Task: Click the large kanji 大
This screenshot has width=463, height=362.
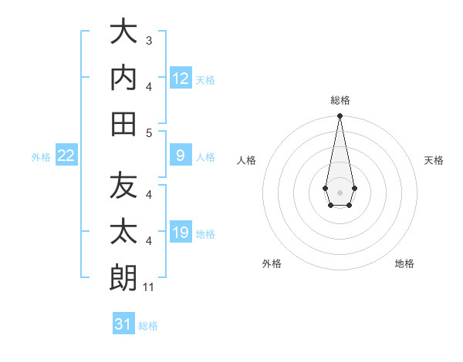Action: click(x=123, y=31)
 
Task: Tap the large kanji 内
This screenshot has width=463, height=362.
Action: click(x=123, y=77)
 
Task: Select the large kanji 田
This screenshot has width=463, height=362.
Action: click(x=123, y=124)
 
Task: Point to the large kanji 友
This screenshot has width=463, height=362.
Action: click(x=123, y=185)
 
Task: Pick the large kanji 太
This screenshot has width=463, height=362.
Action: click(x=123, y=231)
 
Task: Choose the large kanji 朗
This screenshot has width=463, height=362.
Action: click(x=123, y=277)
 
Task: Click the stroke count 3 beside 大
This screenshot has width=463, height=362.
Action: click(x=149, y=40)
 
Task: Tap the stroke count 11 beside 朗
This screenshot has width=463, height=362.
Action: click(x=148, y=287)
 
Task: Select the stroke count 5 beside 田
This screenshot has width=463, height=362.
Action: click(x=149, y=133)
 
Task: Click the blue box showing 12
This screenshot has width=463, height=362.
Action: click(x=181, y=78)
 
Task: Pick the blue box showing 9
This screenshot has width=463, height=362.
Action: click(x=181, y=155)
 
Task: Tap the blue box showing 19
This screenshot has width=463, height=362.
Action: click(x=181, y=231)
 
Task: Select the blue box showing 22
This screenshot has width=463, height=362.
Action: click(x=66, y=155)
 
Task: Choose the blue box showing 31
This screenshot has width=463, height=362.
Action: click(x=123, y=323)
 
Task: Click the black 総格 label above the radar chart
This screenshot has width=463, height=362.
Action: click(x=340, y=100)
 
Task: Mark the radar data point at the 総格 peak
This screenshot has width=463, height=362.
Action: click(x=340, y=116)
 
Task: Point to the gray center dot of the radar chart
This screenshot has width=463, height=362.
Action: click(x=340, y=193)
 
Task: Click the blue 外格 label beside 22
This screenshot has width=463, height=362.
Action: click(x=41, y=157)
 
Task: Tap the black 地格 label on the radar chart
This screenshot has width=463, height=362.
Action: click(x=404, y=263)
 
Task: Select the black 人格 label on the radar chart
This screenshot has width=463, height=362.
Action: click(x=246, y=160)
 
